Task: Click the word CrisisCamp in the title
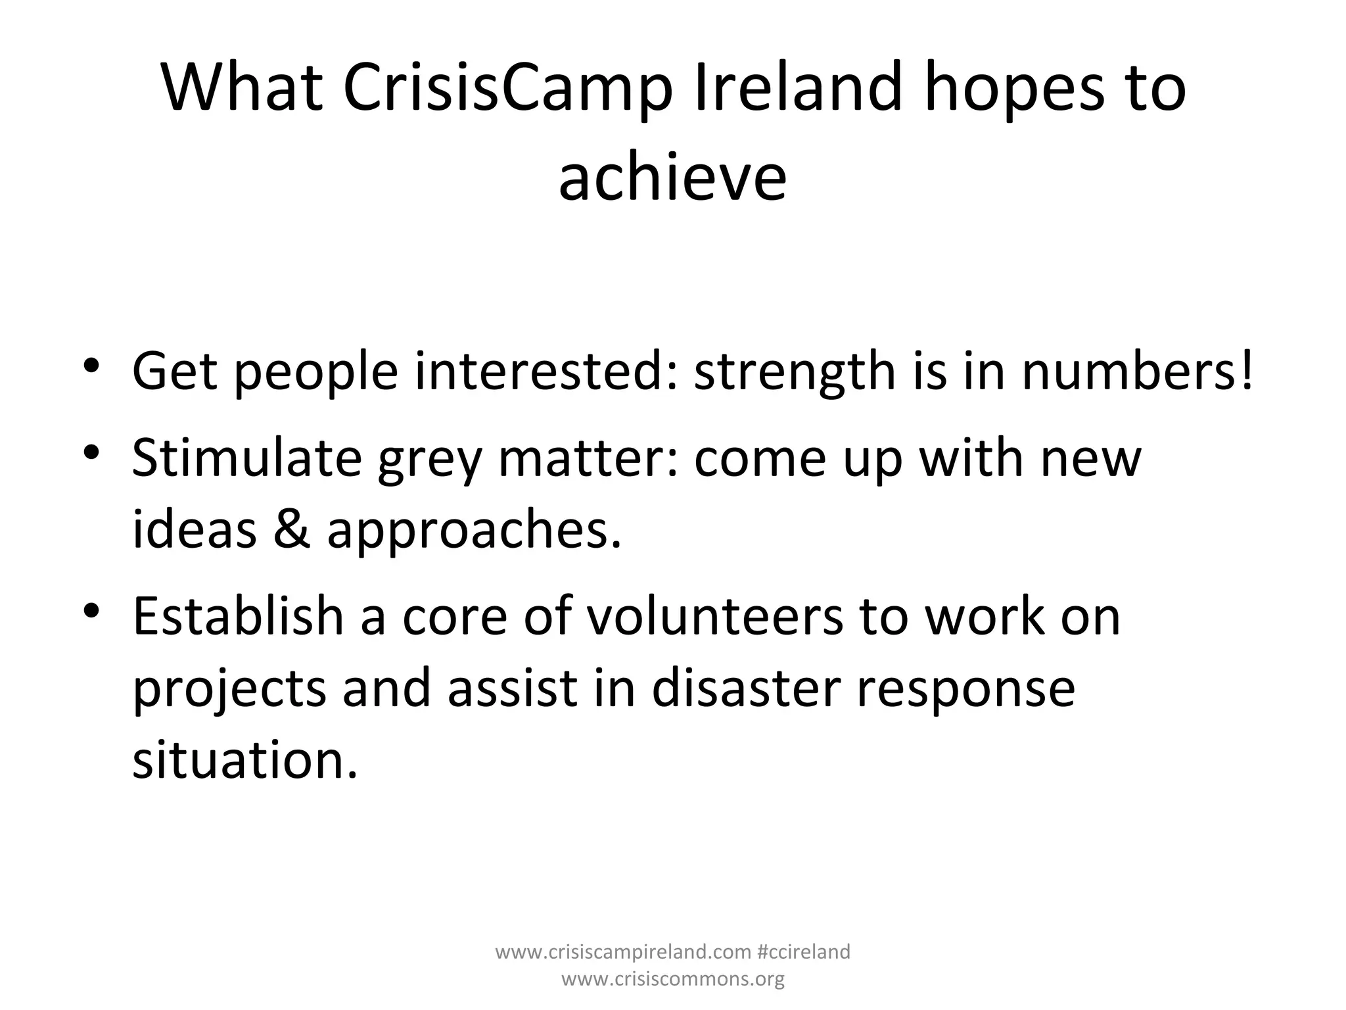pyautogui.click(x=507, y=89)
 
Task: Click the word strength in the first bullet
pyautogui.click(x=794, y=372)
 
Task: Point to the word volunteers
pyautogui.click(x=714, y=617)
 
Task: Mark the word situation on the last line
pyautogui.click(x=245, y=760)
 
